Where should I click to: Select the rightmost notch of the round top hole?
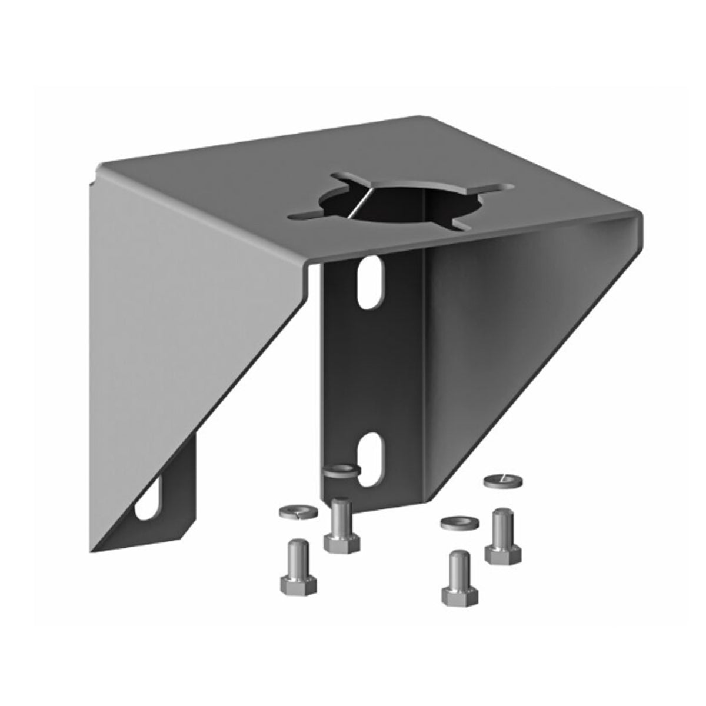(495, 188)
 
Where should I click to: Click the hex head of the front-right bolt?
(459, 593)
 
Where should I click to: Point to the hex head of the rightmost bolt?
(504, 551)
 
